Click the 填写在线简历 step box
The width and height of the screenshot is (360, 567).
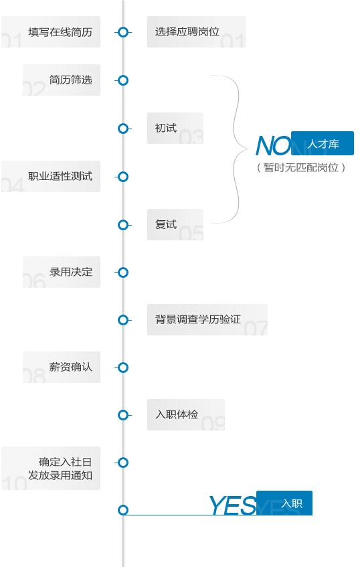(51, 32)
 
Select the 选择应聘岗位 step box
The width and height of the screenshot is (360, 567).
(197, 32)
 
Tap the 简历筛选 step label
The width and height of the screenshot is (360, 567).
(71, 80)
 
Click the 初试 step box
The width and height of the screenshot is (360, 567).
(175, 128)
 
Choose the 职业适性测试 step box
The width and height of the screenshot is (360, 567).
(51, 176)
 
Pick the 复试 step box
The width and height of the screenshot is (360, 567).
(175, 224)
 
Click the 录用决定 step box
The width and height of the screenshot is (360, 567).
(62, 272)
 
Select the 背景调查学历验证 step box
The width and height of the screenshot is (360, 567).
(207, 320)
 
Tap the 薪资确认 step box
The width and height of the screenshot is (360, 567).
(62, 367)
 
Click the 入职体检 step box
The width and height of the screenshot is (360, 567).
(186, 415)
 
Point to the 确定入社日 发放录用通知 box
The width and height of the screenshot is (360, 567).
(51, 469)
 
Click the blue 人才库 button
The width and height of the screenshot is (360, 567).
(323, 143)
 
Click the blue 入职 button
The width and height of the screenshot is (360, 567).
(284, 503)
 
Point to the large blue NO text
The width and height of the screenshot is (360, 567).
(273, 146)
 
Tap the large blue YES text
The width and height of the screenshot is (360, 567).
(232, 505)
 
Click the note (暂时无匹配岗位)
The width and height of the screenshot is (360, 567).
(300, 167)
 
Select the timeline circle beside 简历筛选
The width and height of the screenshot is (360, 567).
(123, 80)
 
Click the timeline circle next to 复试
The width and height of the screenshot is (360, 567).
(123, 225)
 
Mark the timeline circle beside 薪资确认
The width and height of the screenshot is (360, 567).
(123, 368)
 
